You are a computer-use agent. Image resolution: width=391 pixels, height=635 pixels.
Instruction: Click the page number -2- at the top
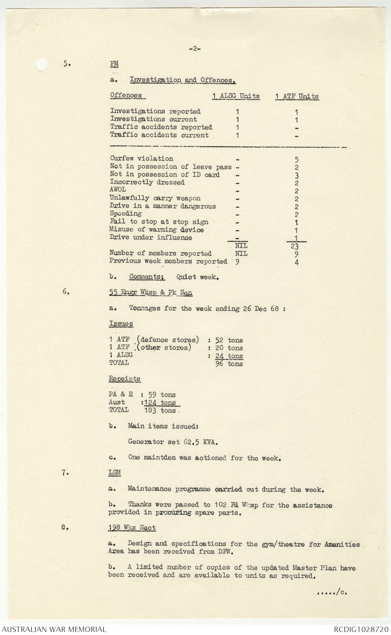pos(195,48)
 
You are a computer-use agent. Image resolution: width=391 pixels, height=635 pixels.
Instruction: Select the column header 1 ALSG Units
pos(236,96)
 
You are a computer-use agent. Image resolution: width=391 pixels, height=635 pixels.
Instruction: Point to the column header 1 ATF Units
pos(297,96)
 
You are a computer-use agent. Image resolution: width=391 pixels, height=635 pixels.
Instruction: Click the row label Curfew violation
pos(142,159)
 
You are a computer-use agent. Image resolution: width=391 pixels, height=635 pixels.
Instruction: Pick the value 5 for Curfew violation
pos(297,159)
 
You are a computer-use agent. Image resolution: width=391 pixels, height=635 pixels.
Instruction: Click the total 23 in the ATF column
pos(294,246)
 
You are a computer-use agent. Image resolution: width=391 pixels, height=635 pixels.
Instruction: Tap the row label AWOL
pos(118,190)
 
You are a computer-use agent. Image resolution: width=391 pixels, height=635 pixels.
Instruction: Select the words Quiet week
pos(198,277)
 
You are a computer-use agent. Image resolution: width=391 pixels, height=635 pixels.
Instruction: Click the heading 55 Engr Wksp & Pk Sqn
pos(151,292)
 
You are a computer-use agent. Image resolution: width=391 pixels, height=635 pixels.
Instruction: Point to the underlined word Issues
pos(121,324)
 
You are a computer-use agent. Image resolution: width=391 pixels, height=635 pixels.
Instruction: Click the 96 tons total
pos(229,364)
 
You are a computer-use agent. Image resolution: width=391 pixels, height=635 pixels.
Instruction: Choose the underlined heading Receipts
pos(125,378)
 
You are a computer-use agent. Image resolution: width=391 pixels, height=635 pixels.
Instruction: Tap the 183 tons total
pos(160,411)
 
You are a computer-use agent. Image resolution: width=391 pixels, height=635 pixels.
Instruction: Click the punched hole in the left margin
pos(41,65)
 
